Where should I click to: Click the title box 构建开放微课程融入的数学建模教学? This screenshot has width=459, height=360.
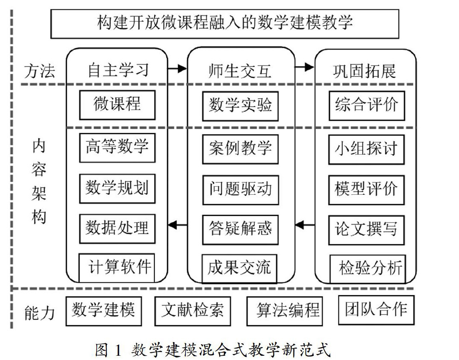(225, 24)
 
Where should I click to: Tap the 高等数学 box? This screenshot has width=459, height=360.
(117, 148)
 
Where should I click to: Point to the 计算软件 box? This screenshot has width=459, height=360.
(117, 268)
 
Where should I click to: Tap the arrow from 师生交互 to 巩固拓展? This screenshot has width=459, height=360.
(304, 67)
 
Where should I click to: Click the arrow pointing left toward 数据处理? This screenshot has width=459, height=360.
(177, 224)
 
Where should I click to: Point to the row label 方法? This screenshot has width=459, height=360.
(39, 71)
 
